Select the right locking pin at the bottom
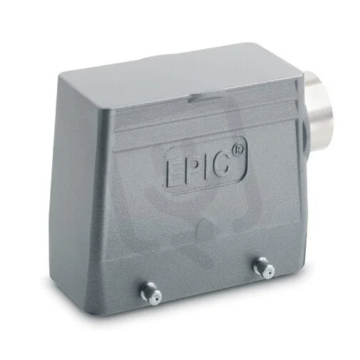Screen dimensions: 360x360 tap(264, 268)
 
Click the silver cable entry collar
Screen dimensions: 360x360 tap(319, 106)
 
